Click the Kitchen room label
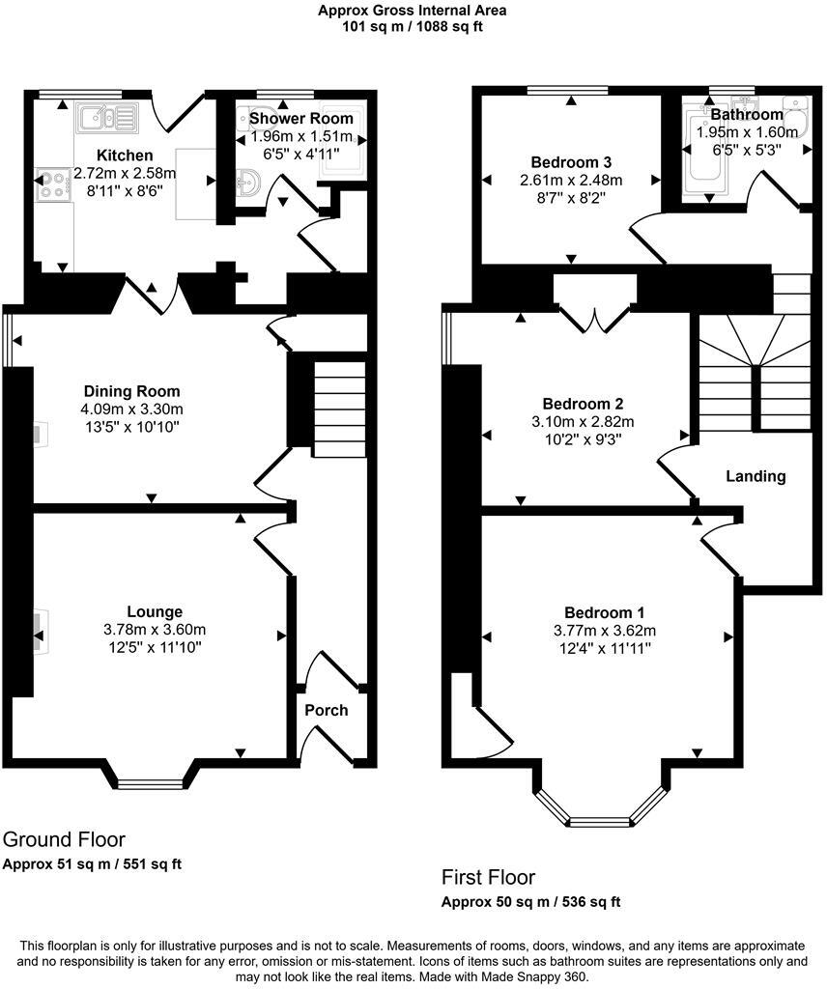[125, 155]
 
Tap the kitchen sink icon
[108, 118]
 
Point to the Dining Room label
[131, 391]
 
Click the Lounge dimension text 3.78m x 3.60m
[155, 629]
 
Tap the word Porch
[327, 710]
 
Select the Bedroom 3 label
[571, 161]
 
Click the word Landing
[756, 476]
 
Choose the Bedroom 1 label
[605, 612]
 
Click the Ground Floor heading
[64, 839]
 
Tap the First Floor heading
[488, 878]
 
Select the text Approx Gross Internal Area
[413, 11]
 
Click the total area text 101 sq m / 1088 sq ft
[413, 26]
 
